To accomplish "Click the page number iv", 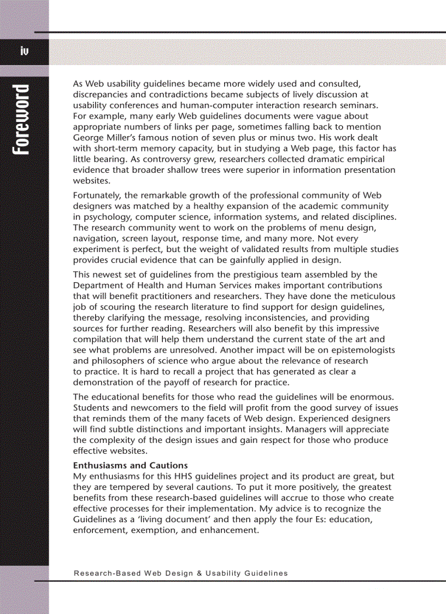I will (24, 51).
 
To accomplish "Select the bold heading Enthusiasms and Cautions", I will (130, 465).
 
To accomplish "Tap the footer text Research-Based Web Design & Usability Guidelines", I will (180, 573).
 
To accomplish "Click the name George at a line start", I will (87, 138).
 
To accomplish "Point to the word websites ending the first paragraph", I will (91, 180).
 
